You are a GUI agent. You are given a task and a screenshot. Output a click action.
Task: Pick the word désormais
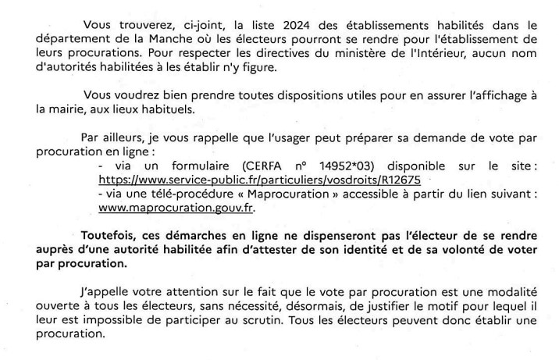click(x=297, y=310)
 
